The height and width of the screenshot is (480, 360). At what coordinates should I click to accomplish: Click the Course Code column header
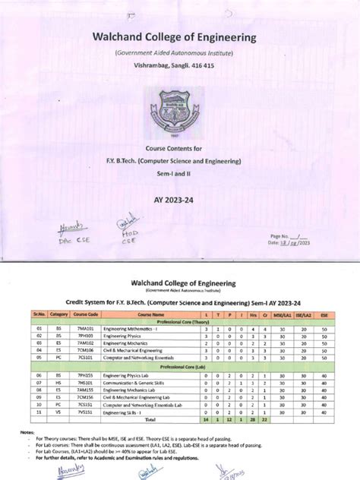click(x=87, y=312)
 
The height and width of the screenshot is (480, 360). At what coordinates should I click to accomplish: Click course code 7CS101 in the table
click(x=87, y=356)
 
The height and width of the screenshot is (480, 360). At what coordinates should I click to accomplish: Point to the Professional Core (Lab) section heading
click(x=179, y=367)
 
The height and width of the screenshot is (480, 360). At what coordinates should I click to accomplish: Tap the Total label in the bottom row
click(x=150, y=418)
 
